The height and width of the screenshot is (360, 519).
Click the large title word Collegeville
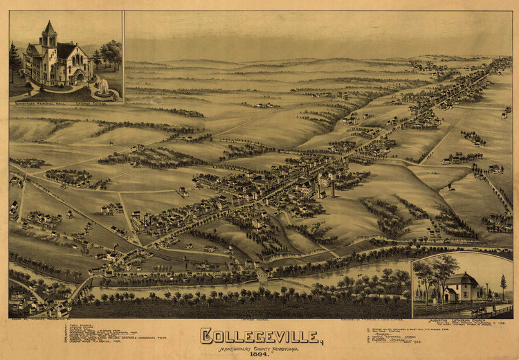(259, 336)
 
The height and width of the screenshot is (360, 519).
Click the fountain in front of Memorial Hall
(103, 87)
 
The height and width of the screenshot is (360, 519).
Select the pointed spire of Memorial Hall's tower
(48, 29)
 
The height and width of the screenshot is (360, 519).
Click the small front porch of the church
(450, 295)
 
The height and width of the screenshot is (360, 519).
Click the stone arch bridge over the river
(262, 275)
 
